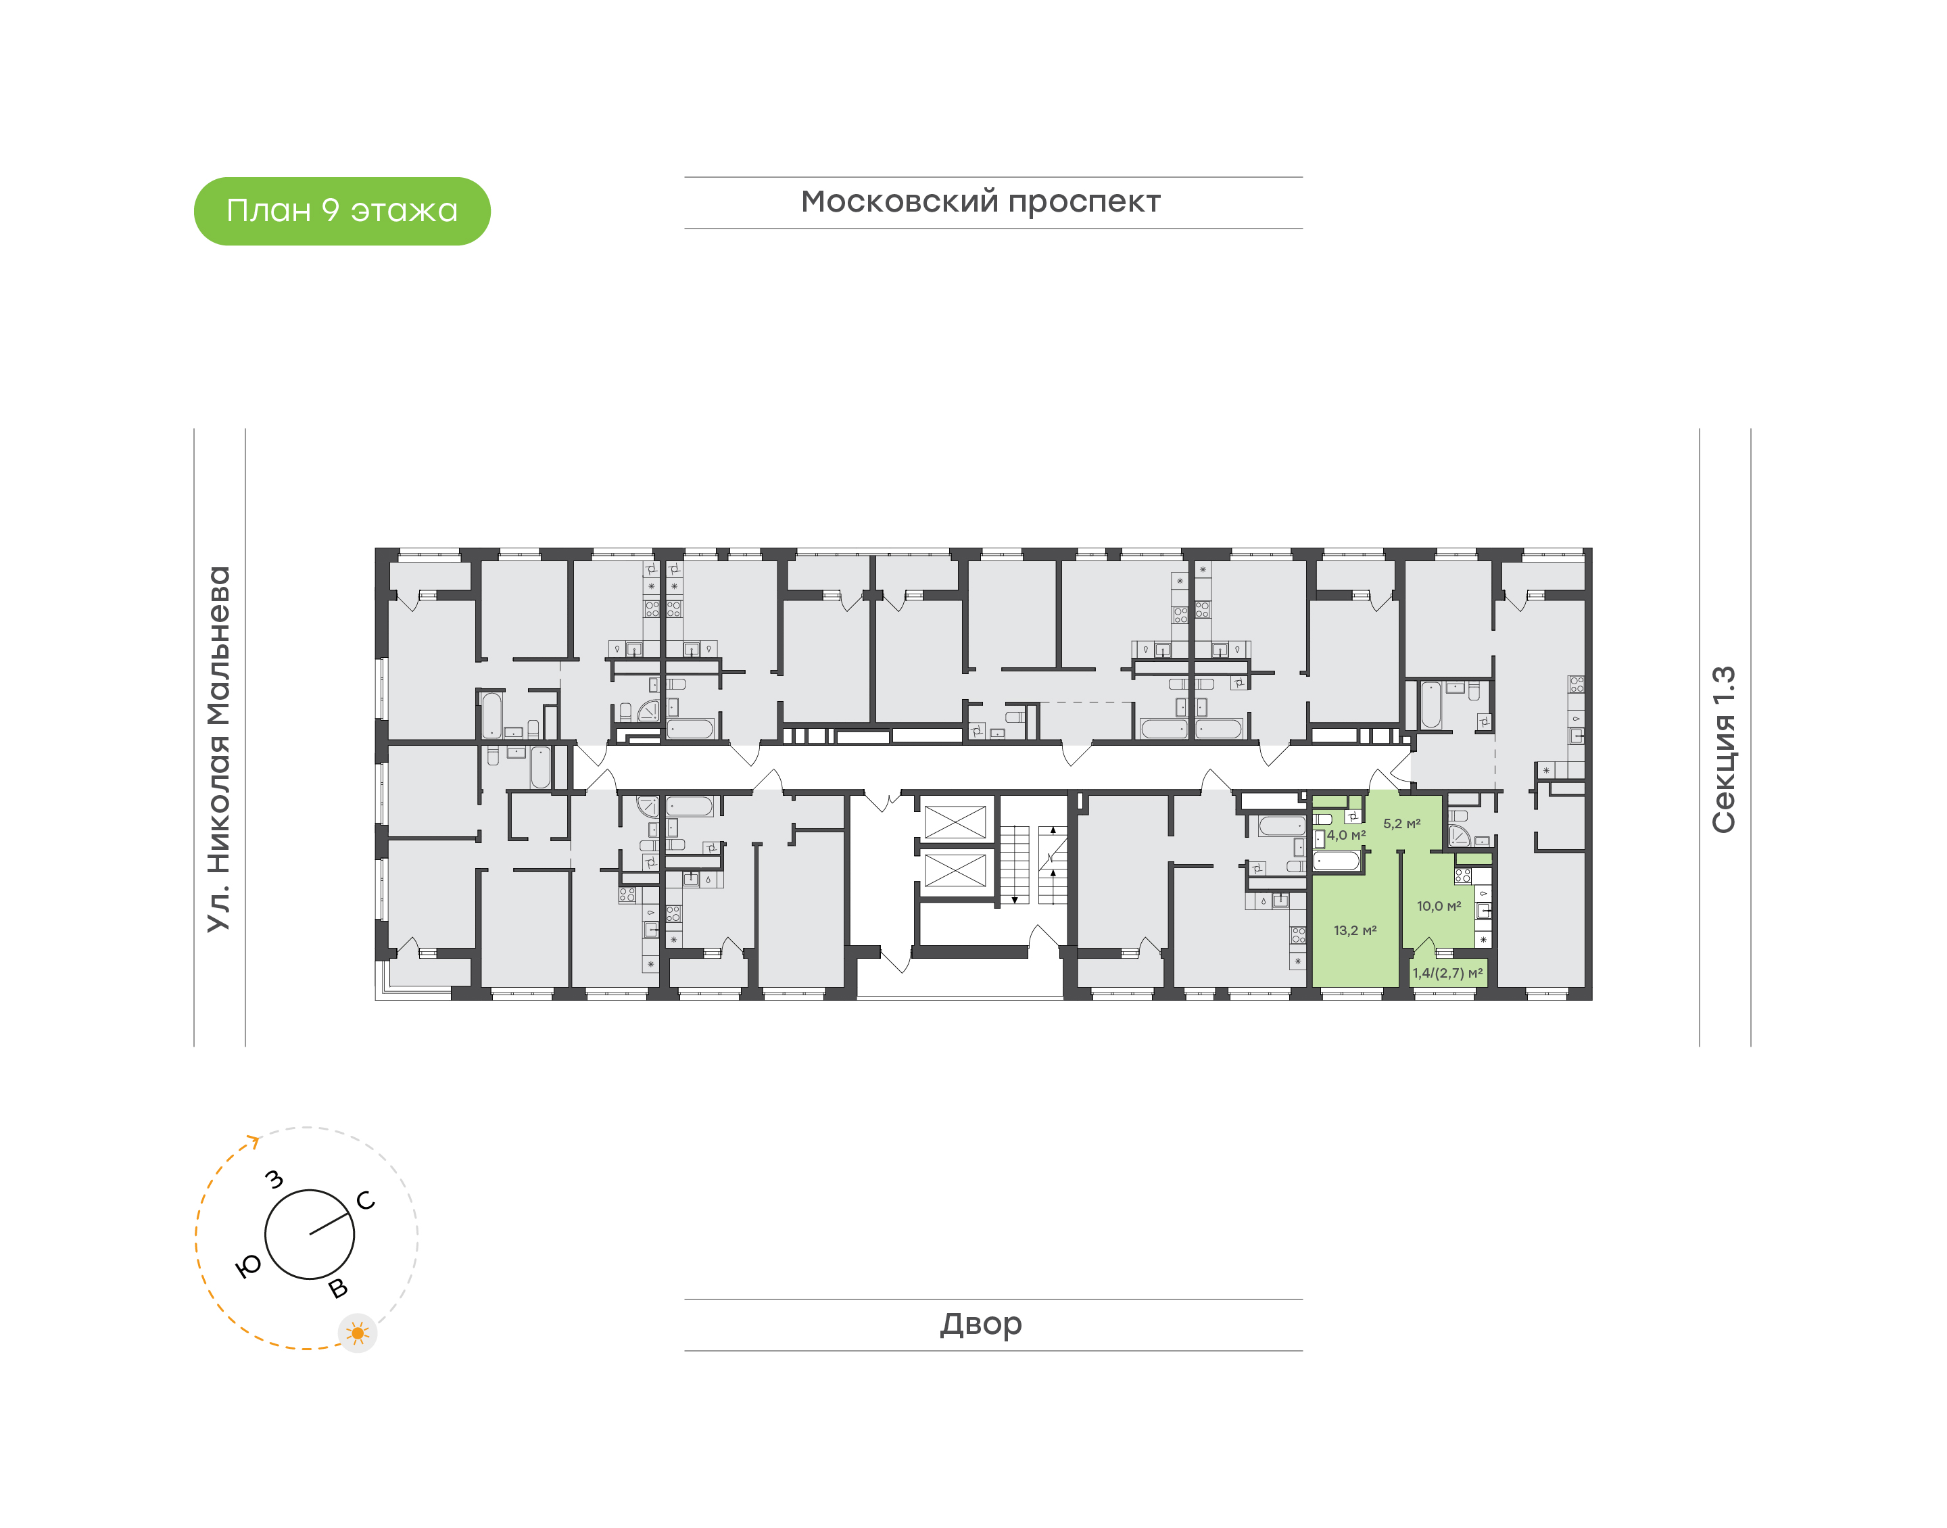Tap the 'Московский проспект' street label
click(x=980, y=202)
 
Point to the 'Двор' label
click(x=980, y=1324)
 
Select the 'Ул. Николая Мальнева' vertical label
click(x=219, y=749)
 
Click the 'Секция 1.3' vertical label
click(x=1723, y=749)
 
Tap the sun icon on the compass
click(x=358, y=1333)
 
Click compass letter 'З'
click(x=274, y=1180)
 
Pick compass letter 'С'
click(x=365, y=1201)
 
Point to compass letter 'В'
click(x=338, y=1288)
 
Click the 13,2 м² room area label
click(x=1355, y=930)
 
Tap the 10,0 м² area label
click(x=1439, y=906)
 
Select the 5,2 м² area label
click(x=1401, y=823)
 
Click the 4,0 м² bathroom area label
click(x=1346, y=835)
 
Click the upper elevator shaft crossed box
click(x=955, y=821)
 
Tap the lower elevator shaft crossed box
click(x=955, y=869)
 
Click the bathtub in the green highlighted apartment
click(x=1336, y=861)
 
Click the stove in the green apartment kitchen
click(x=1463, y=875)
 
